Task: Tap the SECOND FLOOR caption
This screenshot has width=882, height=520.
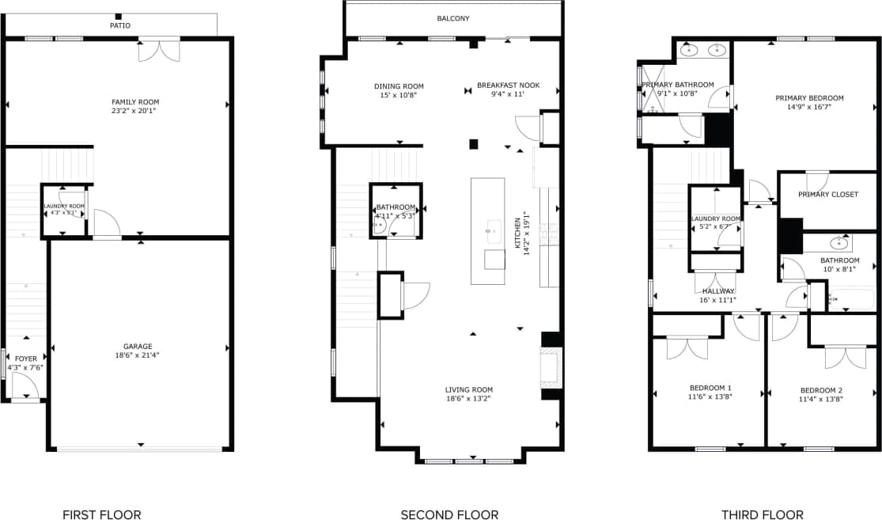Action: click(449, 514)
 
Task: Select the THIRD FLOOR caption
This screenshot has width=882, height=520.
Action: click(763, 514)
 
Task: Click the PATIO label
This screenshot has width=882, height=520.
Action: click(120, 25)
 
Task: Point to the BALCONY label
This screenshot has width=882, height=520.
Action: click(453, 18)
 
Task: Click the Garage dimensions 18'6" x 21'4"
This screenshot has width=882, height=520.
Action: click(138, 355)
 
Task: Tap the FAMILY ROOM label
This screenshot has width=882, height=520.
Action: click(135, 102)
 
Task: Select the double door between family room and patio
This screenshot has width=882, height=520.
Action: click(159, 50)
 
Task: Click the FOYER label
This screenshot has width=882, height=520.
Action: click(26, 359)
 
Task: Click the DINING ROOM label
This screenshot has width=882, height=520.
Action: click(399, 86)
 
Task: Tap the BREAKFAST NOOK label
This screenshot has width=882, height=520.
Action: click(508, 85)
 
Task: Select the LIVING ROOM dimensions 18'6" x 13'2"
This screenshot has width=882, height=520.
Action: click(468, 398)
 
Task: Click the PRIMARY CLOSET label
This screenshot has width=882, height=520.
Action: click(827, 195)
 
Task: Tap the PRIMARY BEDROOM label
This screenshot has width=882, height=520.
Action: click(809, 98)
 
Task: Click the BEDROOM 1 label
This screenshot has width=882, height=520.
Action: click(708, 388)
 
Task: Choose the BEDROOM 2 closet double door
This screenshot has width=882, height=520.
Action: click(845, 356)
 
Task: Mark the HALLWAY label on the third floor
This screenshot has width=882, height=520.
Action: click(718, 291)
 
